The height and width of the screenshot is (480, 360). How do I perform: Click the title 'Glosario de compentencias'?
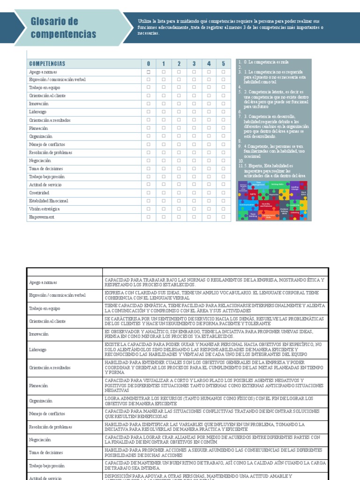click(x=63, y=28)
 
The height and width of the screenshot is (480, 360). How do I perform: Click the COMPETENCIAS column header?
click(x=47, y=64)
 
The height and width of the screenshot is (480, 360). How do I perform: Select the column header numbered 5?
click(x=224, y=64)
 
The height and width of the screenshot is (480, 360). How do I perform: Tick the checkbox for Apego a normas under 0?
click(x=149, y=72)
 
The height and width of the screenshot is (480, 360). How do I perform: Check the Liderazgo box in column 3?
click(x=194, y=112)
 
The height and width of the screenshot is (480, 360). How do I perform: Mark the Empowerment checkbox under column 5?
click(x=224, y=217)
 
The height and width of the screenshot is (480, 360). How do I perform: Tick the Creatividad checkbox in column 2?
click(x=179, y=193)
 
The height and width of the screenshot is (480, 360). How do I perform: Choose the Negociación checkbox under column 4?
click(x=209, y=160)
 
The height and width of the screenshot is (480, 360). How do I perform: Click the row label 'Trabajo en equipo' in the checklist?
click(x=45, y=88)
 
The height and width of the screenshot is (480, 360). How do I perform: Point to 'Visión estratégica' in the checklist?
click(x=45, y=209)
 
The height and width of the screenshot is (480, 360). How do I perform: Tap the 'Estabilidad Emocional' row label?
click(x=48, y=201)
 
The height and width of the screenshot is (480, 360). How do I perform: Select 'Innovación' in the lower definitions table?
click(x=39, y=334)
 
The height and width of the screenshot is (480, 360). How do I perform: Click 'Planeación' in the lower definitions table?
click(x=38, y=385)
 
